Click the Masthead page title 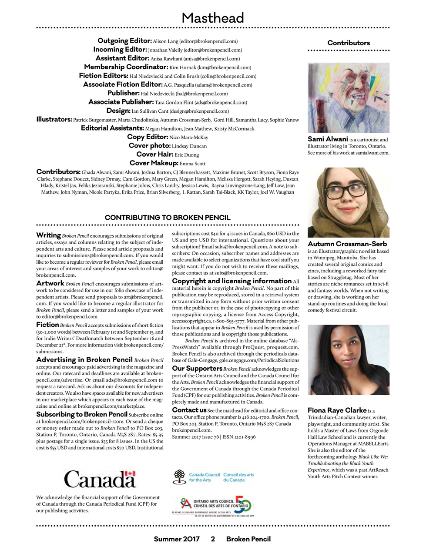click(x=212, y=18)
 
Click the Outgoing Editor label click(x=124, y=41)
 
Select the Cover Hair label click(x=154, y=154)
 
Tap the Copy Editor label click(x=148, y=137)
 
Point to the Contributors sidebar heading click(x=349, y=43)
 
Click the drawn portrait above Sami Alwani click(x=348, y=97)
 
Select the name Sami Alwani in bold click(x=328, y=139)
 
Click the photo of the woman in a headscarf click(x=348, y=203)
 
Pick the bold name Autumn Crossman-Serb click(x=347, y=244)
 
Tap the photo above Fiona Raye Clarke click(x=348, y=360)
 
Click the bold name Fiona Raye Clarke click(x=337, y=410)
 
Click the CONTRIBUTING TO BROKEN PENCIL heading click(x=168, y=218)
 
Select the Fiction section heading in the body click(x=47, y=325)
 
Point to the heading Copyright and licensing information click(x=231, y=281)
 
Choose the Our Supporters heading click(x=197, y=369)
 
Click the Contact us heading click(x=189, y=410)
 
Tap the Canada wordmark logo click(x=100, y=479)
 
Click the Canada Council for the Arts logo click(x=213, y=477)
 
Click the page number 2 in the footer click(x=213, y=539)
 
